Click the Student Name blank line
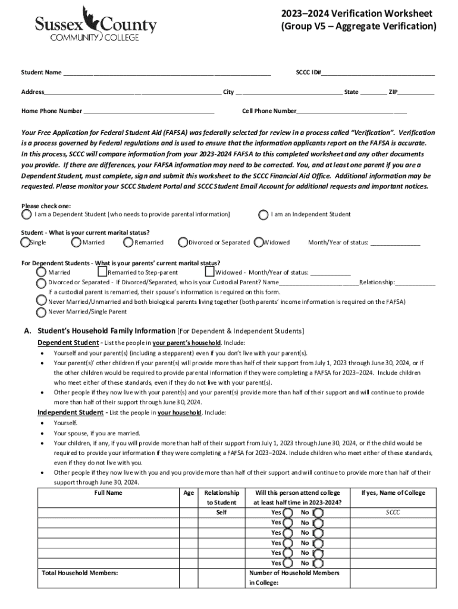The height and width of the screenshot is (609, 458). (x=167, y=73)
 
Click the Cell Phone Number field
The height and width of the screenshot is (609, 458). (x=351, y=111)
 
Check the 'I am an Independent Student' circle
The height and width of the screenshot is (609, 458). (x=263, y=215)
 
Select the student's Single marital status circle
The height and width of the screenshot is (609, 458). (x=25, y=243)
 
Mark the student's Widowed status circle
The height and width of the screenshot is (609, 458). (x=259, y=243)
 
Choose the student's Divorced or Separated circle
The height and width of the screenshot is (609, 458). (x=183, y=243)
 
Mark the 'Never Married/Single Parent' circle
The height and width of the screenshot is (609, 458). (x=41, y=312)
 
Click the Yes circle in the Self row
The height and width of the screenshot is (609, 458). (x=288, y=513)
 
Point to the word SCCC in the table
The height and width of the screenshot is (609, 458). (x=393, y=512)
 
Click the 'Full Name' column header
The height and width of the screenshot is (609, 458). (x=108, y=493)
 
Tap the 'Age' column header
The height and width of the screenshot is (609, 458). (x=189, y=493)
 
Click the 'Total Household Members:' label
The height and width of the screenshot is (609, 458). (x=80, y=573)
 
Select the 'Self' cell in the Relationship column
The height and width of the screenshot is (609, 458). (x=221, y=512)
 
